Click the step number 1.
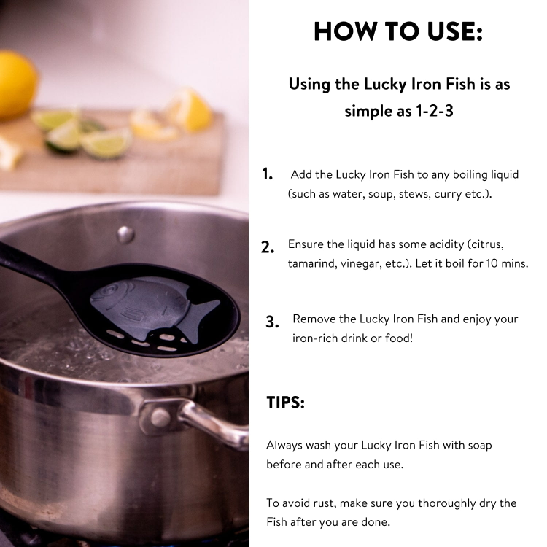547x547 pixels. tap(267, 174)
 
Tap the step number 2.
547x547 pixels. tap(267, 247)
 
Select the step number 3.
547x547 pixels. tap(272, 322)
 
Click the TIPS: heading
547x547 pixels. tap(285, 402)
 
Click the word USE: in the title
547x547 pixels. tap(455, 31)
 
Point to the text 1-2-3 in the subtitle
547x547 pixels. tap(435, 111)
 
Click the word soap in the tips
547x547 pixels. tap(480, 446)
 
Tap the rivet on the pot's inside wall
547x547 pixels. tap(125, 234)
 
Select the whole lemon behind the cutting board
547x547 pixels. tap(16, 85)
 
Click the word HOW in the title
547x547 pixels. tap(344, 31)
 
